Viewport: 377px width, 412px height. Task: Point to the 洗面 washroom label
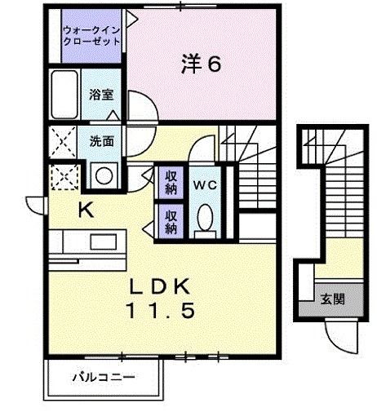tap(101, 140)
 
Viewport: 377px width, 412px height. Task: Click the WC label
tap(205, 184)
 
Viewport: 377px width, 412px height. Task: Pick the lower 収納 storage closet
tap(171, 222)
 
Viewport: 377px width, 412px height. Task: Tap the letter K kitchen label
tap(86, 210)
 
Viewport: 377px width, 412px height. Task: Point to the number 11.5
tap(162, 310)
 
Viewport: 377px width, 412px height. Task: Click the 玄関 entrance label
tap(332, 299)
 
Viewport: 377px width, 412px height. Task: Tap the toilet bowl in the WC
tap(205, 218)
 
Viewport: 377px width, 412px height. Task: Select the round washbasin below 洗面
tap(103, 175)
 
